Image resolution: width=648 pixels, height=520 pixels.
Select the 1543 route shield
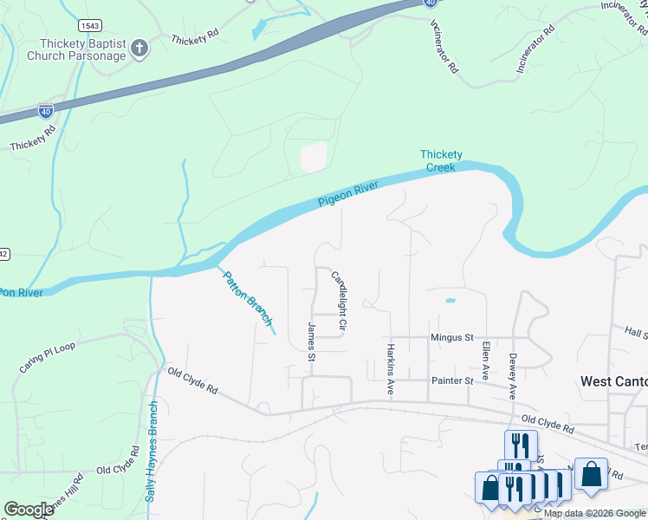[89, 25]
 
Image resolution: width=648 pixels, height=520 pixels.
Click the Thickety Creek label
[441, 160]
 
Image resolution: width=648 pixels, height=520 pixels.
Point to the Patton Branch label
[248, 299]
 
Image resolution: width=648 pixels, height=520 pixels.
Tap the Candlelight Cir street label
[339, 302]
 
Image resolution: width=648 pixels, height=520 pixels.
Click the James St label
[311, 341]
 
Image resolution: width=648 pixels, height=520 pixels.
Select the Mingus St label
[452, 337]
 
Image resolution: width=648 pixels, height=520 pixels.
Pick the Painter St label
[451, 380]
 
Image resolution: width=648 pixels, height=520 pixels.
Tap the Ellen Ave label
[486, 361]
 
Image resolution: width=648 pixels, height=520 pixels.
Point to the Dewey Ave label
[513, 375]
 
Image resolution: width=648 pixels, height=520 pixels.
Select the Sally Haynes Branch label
[152, 452]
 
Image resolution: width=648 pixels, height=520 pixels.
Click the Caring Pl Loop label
[48, 358]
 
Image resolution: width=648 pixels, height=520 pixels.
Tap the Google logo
[29, 510]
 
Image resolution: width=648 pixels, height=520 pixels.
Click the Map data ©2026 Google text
[594, 513]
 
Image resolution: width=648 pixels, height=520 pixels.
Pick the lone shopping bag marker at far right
[591, 475]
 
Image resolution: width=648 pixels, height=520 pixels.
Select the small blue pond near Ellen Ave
[450, 301]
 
